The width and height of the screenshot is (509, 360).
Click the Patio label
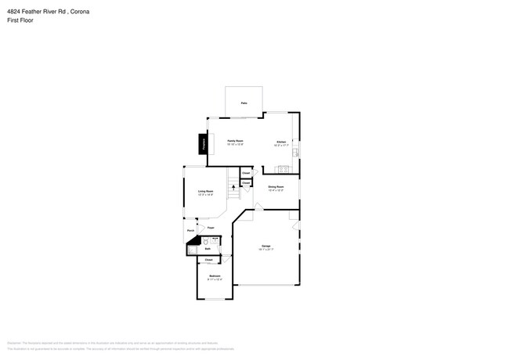click(x=244, y=103)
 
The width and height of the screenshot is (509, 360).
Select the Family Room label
click(x=236, y=142)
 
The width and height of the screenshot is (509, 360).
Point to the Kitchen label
click(x=281, y=143)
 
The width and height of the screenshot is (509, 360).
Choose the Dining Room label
click(x=276, y=188)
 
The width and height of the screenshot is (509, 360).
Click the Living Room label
click(x=206, y=193)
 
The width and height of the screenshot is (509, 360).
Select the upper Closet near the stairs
click(x=246, y=172)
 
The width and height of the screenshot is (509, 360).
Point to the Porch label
click(x=190, y=231)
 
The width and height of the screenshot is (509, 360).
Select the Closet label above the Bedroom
click(x=208, y=260)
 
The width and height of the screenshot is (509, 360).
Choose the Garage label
click(x=265, y=247)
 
